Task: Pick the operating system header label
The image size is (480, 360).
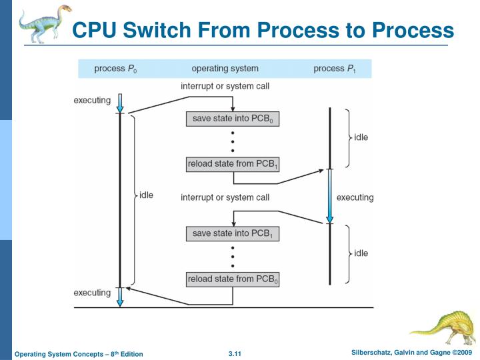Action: pos(225,69)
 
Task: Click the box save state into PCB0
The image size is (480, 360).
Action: pos(232,119)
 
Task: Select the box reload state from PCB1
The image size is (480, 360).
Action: pos(232,164)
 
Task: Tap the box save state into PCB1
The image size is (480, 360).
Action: pos(232,234)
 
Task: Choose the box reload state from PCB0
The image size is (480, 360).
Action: pos(232,279)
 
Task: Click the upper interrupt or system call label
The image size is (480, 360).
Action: pos(225,86)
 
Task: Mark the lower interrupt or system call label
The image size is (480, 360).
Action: pos(225,197)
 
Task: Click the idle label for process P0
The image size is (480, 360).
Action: pos(145,195)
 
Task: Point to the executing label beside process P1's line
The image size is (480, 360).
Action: pos(355,197)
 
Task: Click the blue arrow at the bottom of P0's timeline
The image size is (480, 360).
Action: pos(120,297)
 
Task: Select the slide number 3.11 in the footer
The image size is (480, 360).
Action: pos(235,353)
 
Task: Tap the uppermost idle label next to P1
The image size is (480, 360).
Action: pos(361,138)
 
